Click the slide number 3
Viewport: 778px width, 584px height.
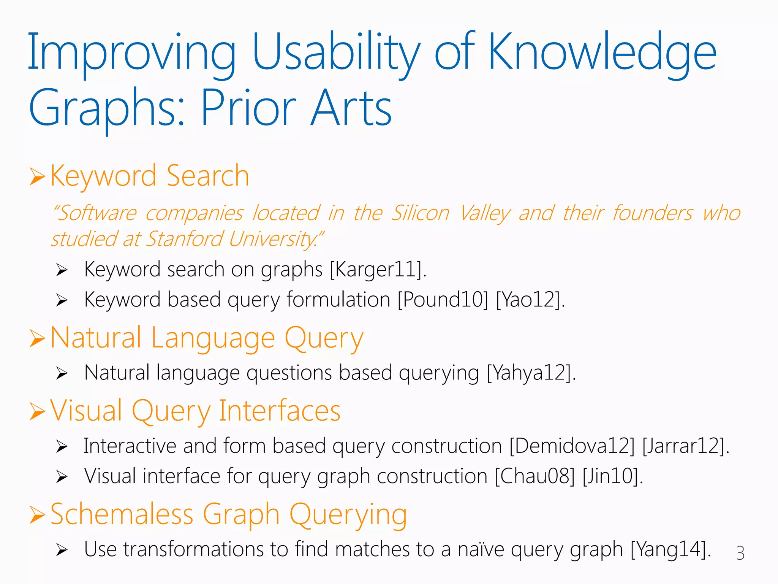[740, 553]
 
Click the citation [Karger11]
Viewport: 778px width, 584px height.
[377, 270]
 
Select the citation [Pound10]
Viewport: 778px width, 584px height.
[443, 300]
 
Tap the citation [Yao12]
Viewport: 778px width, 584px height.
[529, 300]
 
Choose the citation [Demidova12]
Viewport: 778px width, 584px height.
[572, 446]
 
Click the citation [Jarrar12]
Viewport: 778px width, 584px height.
[684, 446]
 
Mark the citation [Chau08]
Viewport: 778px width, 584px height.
[535, 476]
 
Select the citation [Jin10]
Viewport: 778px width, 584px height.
[611, 476]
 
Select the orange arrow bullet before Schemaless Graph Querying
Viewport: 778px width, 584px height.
[37, 515]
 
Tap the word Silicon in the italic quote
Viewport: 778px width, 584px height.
[421, 213]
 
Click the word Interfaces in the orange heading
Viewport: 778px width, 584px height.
[280, 411]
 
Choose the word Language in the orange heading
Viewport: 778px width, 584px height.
[213, 338]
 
